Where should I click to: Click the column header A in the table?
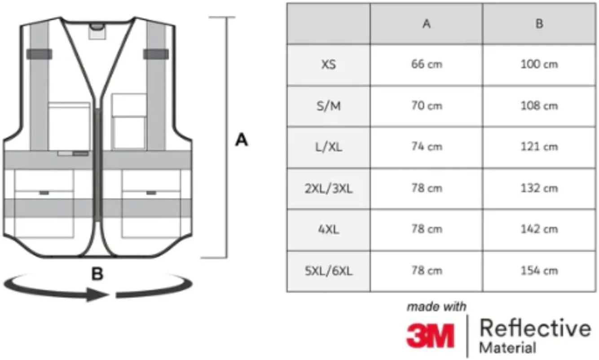tap(426, 24)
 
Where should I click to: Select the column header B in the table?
tap(539, 24)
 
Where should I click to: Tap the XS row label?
tap(328, 65)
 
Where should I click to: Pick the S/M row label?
tap(328, 106)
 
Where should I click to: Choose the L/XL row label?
tap(328, 147)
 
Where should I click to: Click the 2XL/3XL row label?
tap(328, 189)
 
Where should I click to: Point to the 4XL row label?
tap(328, 229)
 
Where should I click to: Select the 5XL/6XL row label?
tap(328, 271)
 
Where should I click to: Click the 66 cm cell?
tap(426, 65)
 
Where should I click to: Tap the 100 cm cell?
tap(539, 65)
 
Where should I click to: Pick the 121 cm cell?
tap(539, 147)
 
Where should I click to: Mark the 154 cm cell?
tap(539, 271)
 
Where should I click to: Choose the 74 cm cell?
tap(426, 147)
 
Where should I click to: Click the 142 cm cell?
tap(539, 229)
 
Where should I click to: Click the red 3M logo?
tap(430, 335)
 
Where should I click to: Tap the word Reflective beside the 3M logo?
tap(535, 329)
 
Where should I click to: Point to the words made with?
tap(436, 307)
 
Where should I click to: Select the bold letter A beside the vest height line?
tap(242, 141)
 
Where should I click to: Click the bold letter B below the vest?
tap(97, 274)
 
